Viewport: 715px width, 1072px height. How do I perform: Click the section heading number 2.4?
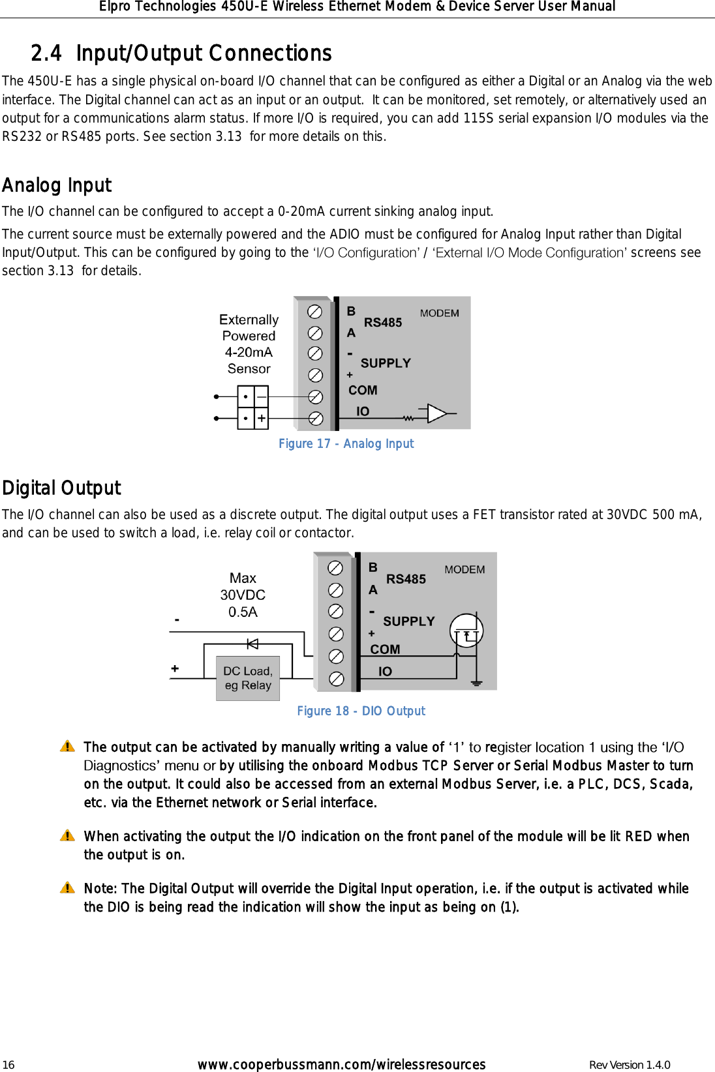[x=46, y=53]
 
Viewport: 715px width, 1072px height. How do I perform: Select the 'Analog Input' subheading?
[x=57, y=186]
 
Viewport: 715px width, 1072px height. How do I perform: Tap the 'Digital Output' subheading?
[x=61, y=488]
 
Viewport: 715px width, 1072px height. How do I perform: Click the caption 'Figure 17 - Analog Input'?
[x=346, y=443]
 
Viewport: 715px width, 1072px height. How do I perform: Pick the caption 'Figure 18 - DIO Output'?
[x=361, y=711]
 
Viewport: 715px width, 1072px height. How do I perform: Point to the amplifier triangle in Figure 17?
[x=436, y=413]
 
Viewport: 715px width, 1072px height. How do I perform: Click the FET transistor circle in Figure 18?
[x=466, y=631]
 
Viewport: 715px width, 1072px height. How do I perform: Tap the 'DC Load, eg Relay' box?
[x=248, y=678]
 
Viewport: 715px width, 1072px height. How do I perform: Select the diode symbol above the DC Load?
[x=252, y=644]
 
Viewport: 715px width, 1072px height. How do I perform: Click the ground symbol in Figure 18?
[x=477, y=683]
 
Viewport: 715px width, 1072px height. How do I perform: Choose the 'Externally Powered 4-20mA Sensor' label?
[x=249, y=344]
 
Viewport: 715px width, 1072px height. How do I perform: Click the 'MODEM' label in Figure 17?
[x=439, y=313]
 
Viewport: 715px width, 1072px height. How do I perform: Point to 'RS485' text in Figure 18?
[x=406, y=579]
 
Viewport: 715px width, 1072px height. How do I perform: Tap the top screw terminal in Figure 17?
[x=314, y=312]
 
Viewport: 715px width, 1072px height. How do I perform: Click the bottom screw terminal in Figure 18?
[x=336, y=679]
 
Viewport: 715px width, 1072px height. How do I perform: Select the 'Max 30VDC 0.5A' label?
[x=243, y=595]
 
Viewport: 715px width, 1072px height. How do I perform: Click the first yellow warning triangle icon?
[x=67, y=747]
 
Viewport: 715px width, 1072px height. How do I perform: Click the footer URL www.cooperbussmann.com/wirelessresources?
[x=341, y=1064]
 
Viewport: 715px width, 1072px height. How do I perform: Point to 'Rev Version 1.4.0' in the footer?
[x=629, y=1065]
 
